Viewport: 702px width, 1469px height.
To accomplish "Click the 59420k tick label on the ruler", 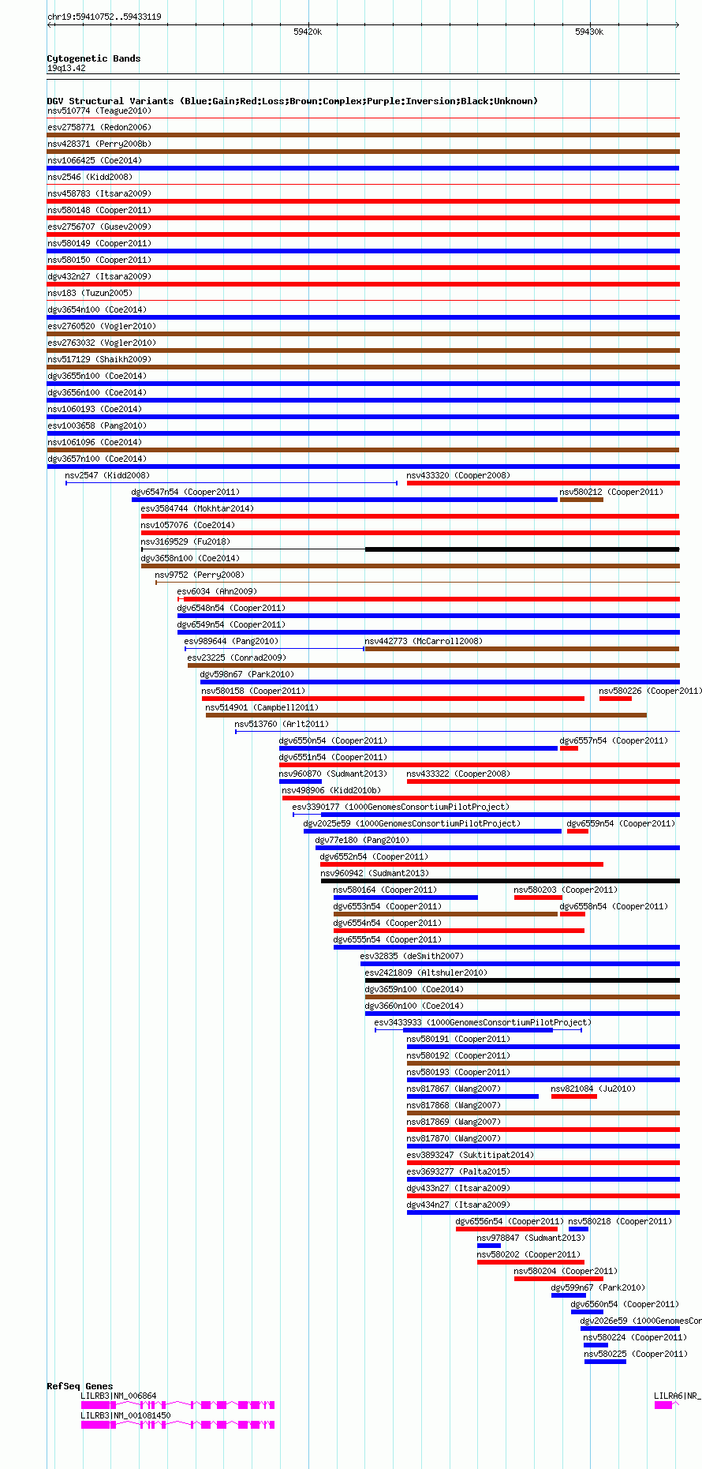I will (x=307, y=32).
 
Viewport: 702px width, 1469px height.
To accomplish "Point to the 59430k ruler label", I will (x=588, y=32).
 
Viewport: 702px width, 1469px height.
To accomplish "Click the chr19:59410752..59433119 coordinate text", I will (x=104, y=17).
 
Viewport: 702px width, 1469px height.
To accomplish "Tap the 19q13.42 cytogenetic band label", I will (x=66, y=68).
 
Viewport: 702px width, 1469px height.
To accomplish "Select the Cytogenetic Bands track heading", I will (x=93, y=58).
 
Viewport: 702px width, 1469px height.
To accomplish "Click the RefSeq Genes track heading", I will (x=80, y=1386).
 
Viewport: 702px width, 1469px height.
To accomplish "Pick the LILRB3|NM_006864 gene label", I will (x=118, y=1396).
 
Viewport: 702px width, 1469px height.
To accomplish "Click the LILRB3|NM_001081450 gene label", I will (x=125, y=1415).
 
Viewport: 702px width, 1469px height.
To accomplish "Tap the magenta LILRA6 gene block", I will (x=663, y=1405).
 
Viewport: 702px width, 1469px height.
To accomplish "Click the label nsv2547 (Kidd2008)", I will (x=107, y=475).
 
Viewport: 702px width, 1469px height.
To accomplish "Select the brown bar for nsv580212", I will (x=581, y=500).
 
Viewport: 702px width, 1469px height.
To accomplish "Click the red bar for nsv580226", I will (x=615, y=699).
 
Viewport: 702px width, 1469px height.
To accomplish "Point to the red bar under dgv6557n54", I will (x=569, y=748).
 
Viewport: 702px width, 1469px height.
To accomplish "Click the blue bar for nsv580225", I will (x=605, y=1362).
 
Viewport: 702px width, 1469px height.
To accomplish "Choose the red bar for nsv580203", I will (x=538, y=898).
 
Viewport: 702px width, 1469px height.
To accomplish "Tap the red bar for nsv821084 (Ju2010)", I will (x=573, y=1096).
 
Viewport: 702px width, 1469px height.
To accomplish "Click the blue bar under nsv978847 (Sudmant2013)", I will (x=488, y=1246).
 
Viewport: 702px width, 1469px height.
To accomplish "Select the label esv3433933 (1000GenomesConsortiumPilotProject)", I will (x=482, y=1022).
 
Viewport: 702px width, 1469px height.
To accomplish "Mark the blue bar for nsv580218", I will (x=578, y=1229).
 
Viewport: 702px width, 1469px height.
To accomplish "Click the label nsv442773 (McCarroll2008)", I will (x=424, y=641).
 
